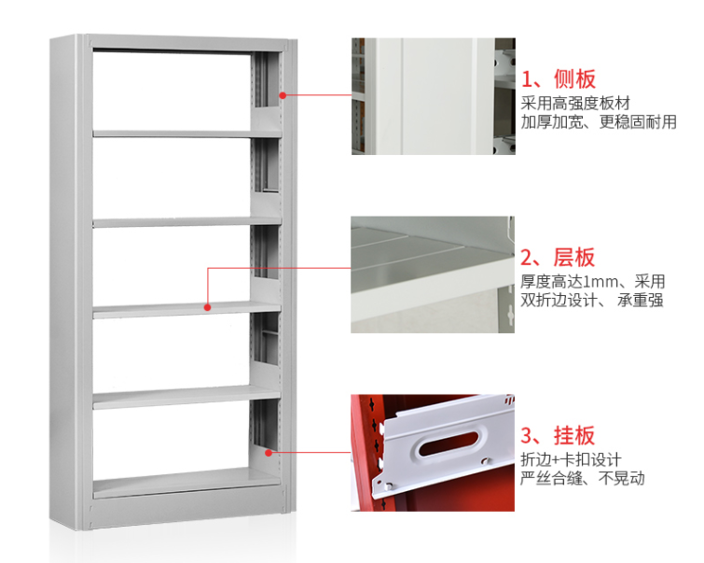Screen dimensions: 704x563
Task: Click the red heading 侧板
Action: [574, 79]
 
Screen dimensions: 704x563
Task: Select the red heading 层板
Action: [574, 258]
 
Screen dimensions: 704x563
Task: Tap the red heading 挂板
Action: [574, 435]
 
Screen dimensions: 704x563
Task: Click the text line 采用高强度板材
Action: [575, 104]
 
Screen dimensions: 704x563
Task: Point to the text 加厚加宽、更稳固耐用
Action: [599, 122]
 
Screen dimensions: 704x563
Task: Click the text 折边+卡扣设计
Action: [571, 459]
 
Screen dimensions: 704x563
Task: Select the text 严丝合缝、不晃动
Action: [583, 478]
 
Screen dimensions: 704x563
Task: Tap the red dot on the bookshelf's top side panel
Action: [283, 95]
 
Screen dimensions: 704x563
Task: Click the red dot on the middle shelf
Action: [207, 307]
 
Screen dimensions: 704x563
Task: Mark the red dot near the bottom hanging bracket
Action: [268, 453]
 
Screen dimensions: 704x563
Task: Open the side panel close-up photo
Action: [434, 96]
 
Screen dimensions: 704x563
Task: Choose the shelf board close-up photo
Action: [433, 274]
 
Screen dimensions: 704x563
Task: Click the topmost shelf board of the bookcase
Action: [186, 134]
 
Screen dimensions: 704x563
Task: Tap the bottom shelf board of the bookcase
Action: [186, 483]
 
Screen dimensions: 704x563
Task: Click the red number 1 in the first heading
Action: [527, 80]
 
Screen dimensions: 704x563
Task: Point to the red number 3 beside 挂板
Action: [527, 436]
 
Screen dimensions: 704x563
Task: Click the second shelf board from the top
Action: [186, 222]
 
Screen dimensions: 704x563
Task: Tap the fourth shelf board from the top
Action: [186, 398]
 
